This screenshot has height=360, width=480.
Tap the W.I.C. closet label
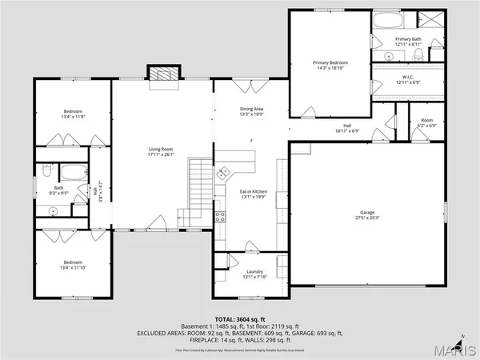[x=406, y=78]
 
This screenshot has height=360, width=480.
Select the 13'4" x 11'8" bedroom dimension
[x=74, y=117]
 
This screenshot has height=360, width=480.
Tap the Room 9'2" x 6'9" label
[x=426, y=123]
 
